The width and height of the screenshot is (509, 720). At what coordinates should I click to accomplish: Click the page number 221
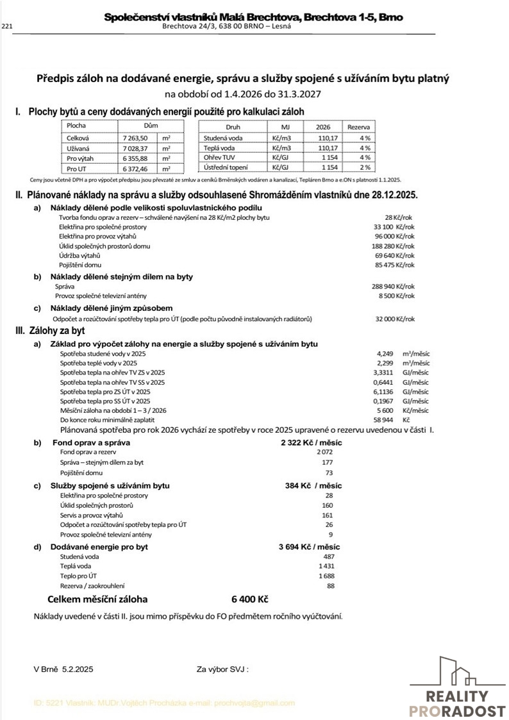click(8, 26)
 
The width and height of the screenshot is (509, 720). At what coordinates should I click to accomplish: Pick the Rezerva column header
click(359, 127)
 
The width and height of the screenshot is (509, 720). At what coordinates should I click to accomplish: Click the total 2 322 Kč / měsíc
click(311, 443)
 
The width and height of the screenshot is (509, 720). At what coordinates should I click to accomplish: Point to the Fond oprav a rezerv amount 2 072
click(326, 452)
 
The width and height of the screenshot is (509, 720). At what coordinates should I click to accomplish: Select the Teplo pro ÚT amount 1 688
click(326, 576)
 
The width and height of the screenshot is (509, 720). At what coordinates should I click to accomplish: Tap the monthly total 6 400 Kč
click(249, 599)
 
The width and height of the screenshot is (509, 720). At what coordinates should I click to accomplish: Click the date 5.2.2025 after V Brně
click(78, 669)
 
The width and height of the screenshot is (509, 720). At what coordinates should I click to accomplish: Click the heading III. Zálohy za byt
click(51, 331)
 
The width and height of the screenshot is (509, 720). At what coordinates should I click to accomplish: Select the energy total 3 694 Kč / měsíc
click(309, 547)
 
